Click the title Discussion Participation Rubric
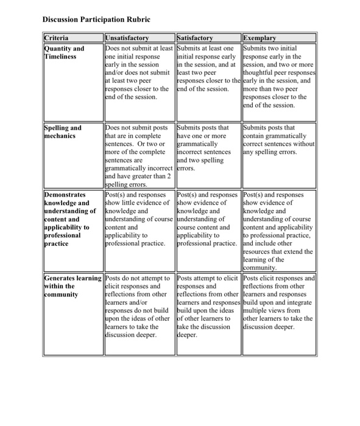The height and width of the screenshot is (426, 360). [96, 19]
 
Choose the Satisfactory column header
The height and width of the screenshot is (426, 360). [196, 38]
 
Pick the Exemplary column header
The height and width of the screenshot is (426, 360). [260, 38]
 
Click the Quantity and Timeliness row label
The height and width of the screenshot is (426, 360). [65, 52]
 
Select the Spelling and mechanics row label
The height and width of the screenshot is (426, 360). [63, 132]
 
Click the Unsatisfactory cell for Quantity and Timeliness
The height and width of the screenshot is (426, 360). [139, 72]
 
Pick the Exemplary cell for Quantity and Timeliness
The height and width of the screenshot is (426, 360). [278, 76]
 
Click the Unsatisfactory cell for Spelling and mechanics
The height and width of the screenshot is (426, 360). [139, 156]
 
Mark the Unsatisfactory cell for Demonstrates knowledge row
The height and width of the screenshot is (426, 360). [139, 219]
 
